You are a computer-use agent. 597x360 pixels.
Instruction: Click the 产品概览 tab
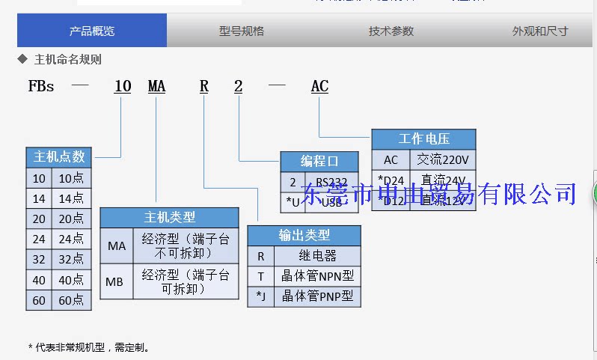click(92, 31)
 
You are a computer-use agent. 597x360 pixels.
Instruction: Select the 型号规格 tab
click(242, 31)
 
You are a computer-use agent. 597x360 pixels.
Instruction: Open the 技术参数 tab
click(391, 31)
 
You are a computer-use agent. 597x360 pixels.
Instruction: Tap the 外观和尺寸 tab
click(539, 31)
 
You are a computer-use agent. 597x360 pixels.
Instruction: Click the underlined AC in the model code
click(319, 87)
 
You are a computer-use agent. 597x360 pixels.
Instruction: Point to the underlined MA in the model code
click(156, 87)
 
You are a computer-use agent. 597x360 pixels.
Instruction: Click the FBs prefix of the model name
click(41, 87)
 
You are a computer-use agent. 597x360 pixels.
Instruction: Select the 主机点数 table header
click(59, 156)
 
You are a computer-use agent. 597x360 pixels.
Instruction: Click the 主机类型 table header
click(169, 217)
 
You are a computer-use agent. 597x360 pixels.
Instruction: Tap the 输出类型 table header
click(304, 235)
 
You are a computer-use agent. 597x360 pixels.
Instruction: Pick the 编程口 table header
click(319, 161)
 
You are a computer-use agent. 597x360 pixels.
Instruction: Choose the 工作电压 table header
click(423, 139)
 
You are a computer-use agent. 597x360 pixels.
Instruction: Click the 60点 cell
click(71, 301)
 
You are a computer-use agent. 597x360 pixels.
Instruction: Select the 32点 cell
click(71, 260)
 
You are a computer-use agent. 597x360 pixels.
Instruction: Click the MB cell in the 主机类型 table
click(116, 282)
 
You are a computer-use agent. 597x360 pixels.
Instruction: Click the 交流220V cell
click(443, 159)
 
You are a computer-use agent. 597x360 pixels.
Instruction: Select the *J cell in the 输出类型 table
click(261, 296)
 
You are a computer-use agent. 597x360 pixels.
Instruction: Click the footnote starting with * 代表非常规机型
click(90, 347)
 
